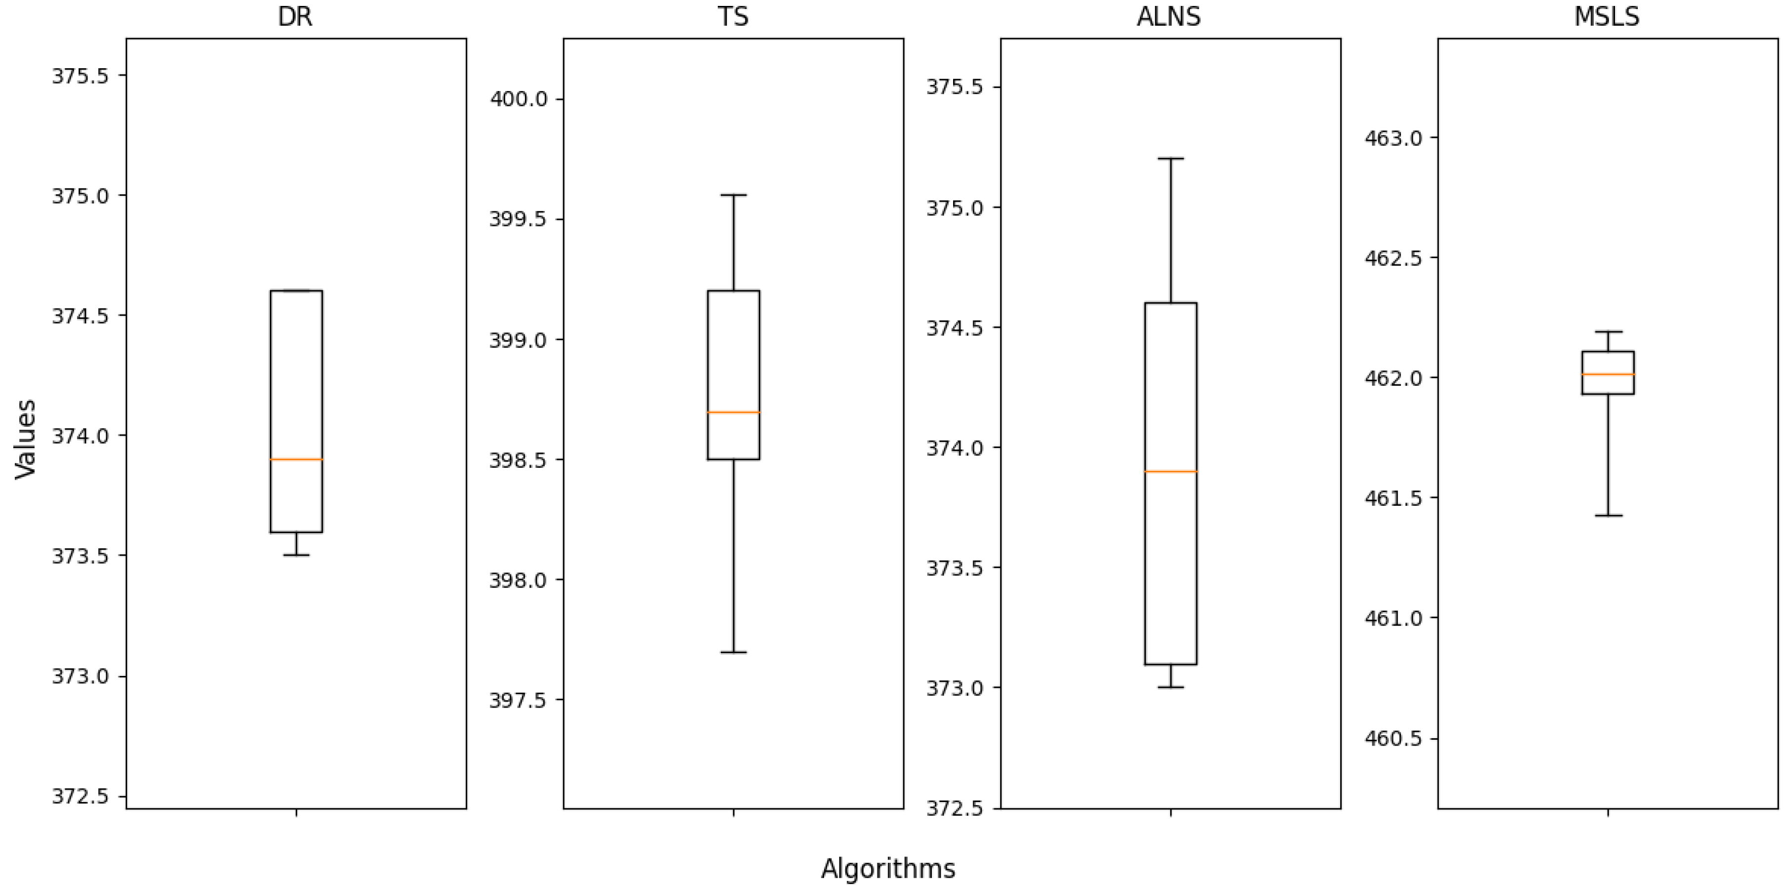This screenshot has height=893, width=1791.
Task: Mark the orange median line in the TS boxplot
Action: pyautogui.click(x=734, y=412)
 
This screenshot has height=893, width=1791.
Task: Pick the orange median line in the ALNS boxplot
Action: pyautogui.click(x=1171, y=472)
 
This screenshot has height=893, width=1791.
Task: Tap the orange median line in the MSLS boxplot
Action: pyautogui.click(x=1608, y=374)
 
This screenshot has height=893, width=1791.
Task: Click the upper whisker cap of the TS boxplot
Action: pyautogui.click(x=734, y=195)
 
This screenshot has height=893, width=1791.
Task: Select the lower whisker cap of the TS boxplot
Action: pyautogui.click(x=734, y=652)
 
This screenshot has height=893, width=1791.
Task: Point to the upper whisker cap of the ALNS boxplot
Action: pyautogui.click(x=1171, y=159)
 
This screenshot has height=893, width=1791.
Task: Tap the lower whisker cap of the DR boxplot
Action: pyautogui.click(x=296, y=555)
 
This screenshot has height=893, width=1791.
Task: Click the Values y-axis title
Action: pyautogui.click(x=25, y=439)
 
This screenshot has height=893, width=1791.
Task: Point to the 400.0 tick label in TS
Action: pyautogui.click(x=518, y=99)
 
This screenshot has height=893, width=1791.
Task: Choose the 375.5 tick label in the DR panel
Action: pyautogui.click(x=81, y=75)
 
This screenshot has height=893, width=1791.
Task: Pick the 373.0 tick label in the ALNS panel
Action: pyautogui.click(x=955, y=688)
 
